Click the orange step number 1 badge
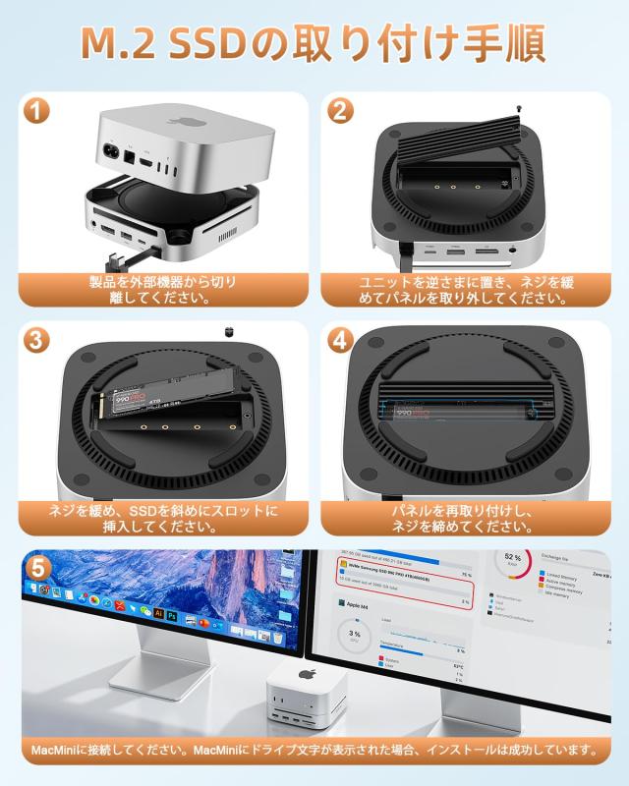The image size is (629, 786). tap(36, 111)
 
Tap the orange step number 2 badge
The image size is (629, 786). tap(341, 111)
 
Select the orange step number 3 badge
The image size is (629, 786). tap(36, 341)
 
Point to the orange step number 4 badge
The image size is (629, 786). tap(341, 341)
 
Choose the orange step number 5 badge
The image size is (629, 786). tap(37, 568)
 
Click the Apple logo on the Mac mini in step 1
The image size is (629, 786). tap(183, 123)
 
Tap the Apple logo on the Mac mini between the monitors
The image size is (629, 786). tap(305, 676)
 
